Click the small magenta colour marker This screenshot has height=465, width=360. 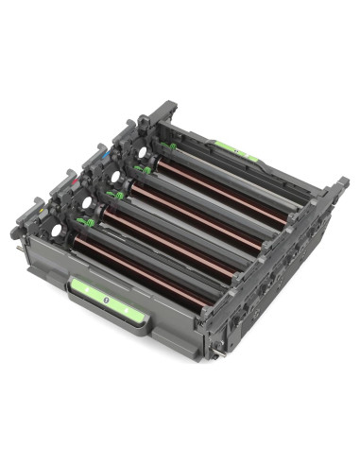point(70,175)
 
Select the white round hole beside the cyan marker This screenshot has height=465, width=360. point(113,176)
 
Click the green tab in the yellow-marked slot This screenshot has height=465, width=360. point(85,223)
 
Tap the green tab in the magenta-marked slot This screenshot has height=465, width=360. point(114,196)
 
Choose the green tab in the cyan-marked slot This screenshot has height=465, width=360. point(143,170)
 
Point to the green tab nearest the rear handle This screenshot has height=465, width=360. point(170,146)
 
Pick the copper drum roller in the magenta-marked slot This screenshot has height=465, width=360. point(170,240)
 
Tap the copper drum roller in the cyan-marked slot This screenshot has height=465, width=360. point(198,214)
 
